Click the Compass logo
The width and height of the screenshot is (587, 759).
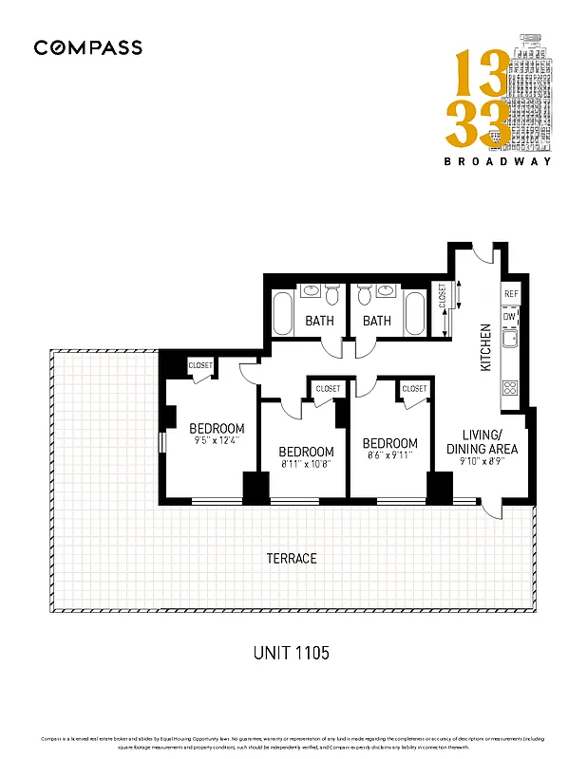point(87,47)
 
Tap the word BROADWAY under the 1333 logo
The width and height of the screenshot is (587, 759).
point(498,161)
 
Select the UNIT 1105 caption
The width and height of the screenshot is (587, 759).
point(291,653)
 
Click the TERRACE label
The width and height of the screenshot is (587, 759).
point(291,559)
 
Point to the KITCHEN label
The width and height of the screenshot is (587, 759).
point(485,347)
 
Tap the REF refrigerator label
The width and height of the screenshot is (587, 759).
point(511,295)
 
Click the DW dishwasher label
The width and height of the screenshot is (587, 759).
point(510,316)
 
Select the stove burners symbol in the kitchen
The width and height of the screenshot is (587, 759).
point(510,387)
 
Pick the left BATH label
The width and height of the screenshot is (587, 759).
point(319,321)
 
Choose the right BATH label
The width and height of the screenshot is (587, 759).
point(377,321)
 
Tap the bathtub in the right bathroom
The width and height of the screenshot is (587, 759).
point(415,314)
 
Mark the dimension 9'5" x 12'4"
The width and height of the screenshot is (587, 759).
point(217,440)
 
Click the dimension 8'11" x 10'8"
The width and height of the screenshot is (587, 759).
point(306,465)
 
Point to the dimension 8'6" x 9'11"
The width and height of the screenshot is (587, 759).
point(389,456)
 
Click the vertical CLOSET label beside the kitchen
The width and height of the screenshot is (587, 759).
point(442,297)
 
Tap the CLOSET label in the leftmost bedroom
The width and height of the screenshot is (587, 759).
point(200,365)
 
